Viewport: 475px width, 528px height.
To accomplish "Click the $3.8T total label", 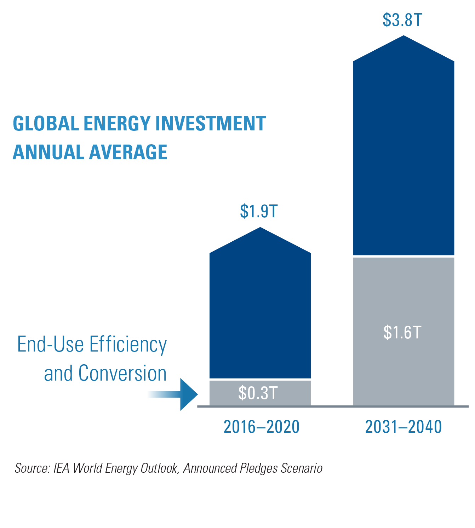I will click(x=402, y=20).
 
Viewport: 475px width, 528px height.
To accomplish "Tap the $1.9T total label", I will click(x=259, y=211).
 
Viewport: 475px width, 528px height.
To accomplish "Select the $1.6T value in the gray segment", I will click(x=402, y=332).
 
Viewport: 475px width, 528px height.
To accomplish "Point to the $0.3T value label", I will click(x=258, y=393).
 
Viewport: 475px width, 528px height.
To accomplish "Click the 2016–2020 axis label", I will click(x=262, y=427).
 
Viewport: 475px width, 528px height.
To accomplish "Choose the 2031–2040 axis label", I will click(x=404, y=427).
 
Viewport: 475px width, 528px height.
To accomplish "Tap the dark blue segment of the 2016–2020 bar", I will click(x=260, y=312).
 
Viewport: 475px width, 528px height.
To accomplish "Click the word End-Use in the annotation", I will click(x=50, y=344).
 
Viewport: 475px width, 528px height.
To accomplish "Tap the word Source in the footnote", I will click(x=32, y=468).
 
